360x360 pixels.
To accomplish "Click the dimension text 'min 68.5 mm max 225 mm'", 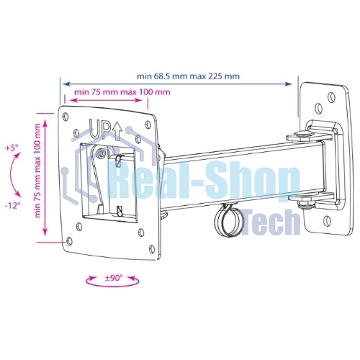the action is pos(188,76).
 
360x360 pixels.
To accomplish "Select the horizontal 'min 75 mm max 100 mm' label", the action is pos(122,92).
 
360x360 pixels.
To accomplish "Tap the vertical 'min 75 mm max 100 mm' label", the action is pos(38,171).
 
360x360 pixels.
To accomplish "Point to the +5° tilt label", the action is pos(12,148).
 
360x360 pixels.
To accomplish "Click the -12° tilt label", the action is pos(12,206).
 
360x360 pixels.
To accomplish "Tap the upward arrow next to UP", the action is pos(117,131).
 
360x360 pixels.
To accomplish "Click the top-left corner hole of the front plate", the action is pos(66,116).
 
